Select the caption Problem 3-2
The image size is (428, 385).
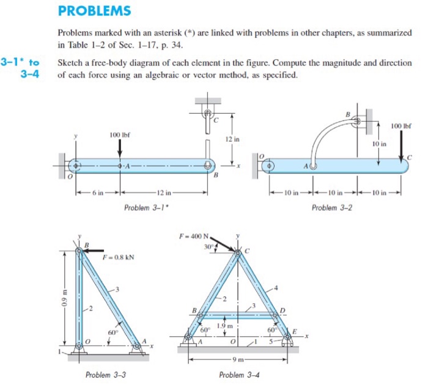(x=331, y=208)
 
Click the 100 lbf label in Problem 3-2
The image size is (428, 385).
(x=401, y=126)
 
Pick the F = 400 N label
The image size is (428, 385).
(x=194, y=235)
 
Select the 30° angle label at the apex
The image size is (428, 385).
(x=208, y=247)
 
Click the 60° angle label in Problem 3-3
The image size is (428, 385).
(x=113, y=333)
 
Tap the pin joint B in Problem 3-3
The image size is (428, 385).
(x=79, y=251)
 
